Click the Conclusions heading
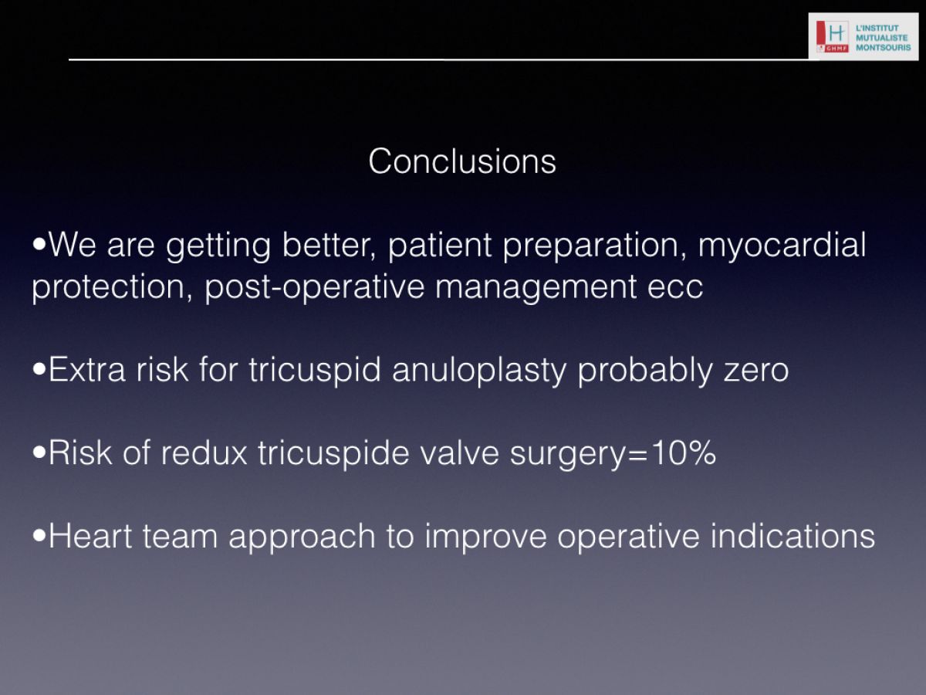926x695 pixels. (462, 161)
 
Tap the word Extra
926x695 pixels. (87, 370)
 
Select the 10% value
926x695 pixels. (684, 453)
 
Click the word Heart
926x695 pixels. (90, 537)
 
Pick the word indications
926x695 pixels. (793, 536)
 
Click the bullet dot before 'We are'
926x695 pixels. (39, 243)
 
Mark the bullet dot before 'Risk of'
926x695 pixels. (39, 453)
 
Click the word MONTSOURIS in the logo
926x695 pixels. (884, 48)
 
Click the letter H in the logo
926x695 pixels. (836, 32)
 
